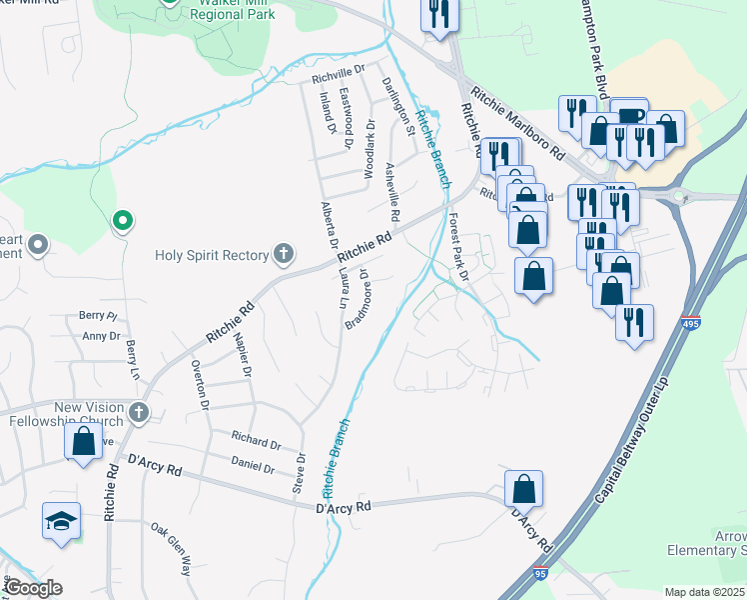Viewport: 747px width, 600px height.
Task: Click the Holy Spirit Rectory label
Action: tap(212, 255)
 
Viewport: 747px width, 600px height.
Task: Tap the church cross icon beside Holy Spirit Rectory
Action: tap(284, 254)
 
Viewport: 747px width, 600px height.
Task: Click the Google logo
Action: tap(33, 588)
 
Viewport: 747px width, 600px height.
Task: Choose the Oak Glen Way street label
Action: tap(170, 549)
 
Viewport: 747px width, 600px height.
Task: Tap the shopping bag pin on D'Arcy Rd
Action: tap(523, 490)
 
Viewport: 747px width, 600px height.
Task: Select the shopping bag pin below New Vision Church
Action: tap(84, 442)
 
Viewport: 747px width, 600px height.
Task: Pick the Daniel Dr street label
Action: tap(253, 466)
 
